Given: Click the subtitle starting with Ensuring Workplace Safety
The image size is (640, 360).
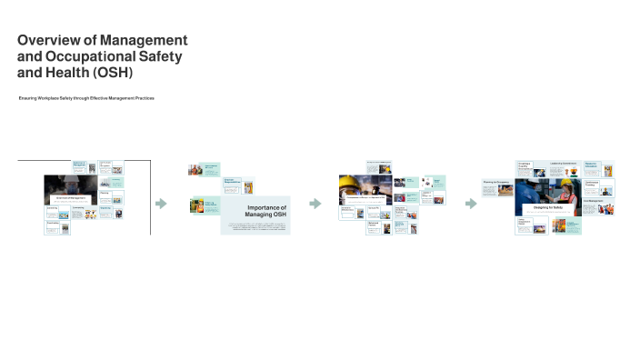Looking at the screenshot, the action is point(86,97).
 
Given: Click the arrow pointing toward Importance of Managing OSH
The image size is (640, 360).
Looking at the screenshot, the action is point(161,204).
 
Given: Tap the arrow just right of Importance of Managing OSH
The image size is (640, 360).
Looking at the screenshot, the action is point(315,204).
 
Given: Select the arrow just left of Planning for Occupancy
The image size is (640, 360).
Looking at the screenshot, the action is point(471,204).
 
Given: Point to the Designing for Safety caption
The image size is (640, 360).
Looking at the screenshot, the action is point(549,208).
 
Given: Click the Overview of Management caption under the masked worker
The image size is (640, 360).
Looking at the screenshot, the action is point(71,197).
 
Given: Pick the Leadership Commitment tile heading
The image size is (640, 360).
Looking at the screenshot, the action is point(564,164).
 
